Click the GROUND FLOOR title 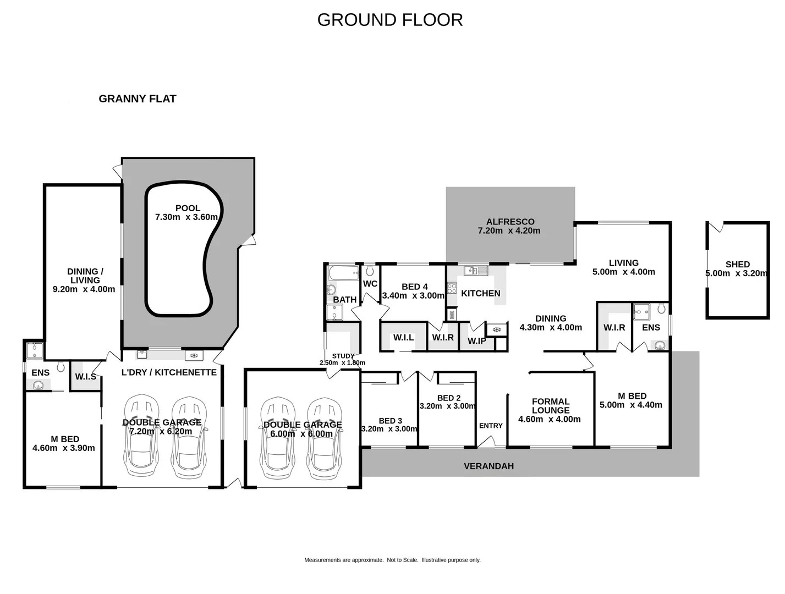pos(389,20)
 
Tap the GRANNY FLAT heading pos(137,99)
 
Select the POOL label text pos(188,208)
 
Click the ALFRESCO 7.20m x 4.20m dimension pos(509,231)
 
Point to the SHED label pos(737,265)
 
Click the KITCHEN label pos(480,294)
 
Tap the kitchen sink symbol pos(475,271)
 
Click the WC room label pos(370,284)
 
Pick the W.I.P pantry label pos(476,341)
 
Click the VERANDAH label pos(488,466)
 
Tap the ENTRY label pos(491,426)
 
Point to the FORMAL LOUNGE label pos(550,406)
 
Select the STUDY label pos(343,356)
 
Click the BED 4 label pos(414,287)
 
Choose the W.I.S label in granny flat pos(86,377)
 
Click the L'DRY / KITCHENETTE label pos(169,372)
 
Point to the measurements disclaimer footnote pos(392,560)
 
